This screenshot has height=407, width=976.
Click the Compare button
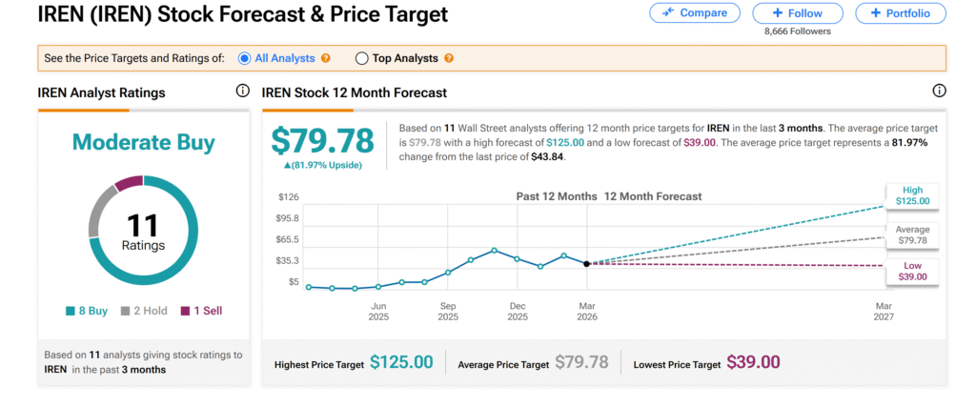point(694,13)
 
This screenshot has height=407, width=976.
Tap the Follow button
point(798,13)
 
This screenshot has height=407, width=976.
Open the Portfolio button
point(900,13)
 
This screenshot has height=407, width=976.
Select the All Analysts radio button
point(245,58)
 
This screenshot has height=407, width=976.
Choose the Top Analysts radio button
point(361,58)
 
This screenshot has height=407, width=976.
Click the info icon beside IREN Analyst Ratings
point(242,92)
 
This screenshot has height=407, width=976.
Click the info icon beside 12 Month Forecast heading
point(939,92)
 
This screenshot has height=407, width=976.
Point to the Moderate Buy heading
point(144,143)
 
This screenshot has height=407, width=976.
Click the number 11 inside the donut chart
point(143,225)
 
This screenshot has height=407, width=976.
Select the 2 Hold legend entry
point(144,311)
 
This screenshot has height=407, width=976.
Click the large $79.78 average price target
point(322,140)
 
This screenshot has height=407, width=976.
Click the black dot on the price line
point(586,263)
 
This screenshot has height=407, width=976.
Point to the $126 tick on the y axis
point(287,197)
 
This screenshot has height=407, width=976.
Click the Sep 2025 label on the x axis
point(447,311)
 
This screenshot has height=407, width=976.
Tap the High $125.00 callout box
point(913,196)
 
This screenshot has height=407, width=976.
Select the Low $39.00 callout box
point(913,271)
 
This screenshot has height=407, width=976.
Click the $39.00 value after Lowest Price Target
point(753,362)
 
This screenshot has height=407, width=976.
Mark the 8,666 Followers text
point(798,31)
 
